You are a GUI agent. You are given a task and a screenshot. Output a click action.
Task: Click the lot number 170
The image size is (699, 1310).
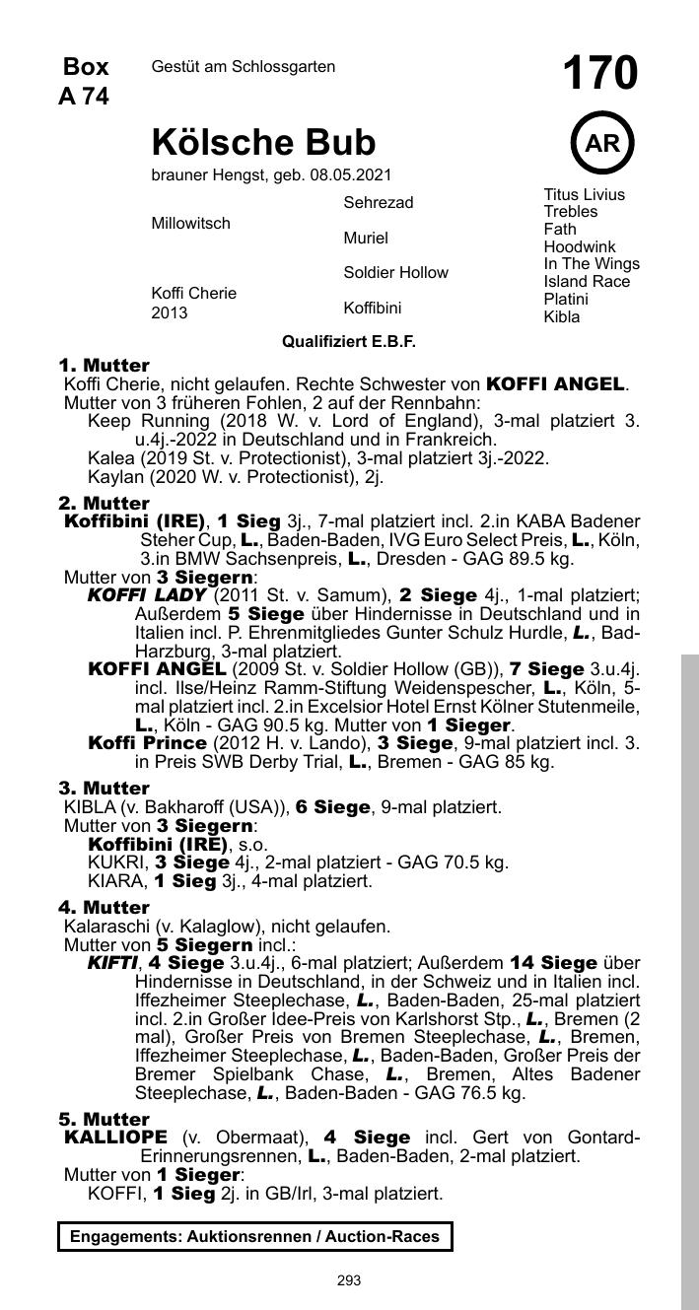pyautogui.click(x=600, y=74)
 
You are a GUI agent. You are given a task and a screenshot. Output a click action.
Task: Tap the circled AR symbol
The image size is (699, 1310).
pyautogui.click(x=601, y=144)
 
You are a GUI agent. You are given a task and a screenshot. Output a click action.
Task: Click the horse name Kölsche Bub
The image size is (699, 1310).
pyautogui.click(x=263, y=143)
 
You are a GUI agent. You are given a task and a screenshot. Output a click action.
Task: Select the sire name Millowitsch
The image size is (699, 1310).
pyautogui.click(x=190, y=224)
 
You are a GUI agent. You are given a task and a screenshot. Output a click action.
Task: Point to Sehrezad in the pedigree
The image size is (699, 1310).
pyautogui.click(x=379, y=203)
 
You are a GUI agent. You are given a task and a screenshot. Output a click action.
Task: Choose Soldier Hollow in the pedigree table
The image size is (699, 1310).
pyautogui.click(x=395, y=273)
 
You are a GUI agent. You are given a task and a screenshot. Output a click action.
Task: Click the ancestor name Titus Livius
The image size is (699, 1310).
pyautogui.click(x=584, y=195)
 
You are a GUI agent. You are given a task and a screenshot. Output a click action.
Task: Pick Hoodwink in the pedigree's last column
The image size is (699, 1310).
pyautogui.click(x=579, y=247)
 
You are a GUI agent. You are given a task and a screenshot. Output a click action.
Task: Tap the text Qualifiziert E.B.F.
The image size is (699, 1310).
pyautogui.click(x=349, y=342)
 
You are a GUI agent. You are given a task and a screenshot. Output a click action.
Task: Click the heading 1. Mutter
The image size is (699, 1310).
pyautogui.click(x=105, y=366)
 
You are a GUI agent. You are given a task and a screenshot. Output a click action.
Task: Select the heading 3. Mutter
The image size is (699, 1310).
pyautogui.click(x=105, y=789)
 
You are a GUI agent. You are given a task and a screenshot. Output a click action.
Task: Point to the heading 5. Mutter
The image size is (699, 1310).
pyautogui.click(x=105, y=1120)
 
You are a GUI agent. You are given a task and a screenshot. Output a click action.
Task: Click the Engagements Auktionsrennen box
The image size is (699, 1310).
pyautogui.click(x=254, y=1236)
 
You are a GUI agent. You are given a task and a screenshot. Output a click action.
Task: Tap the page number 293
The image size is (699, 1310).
pyautogui.click(x=349, y=1280)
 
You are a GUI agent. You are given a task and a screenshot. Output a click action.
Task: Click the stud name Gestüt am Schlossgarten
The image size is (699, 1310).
pyautogui.click(x=244, y=67)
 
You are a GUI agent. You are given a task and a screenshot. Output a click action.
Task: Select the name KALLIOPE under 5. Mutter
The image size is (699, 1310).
pyautogui.click(x=115, y=1138)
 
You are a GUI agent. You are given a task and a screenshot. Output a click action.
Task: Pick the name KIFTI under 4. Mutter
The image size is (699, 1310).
pyautogui.click(x=112, y=963)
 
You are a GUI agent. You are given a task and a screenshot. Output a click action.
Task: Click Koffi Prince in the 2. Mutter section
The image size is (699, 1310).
pyautogui.click(x=148, y=742)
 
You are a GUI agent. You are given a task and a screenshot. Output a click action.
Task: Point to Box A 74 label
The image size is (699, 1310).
pyautogui.click(x=85, y=81)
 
